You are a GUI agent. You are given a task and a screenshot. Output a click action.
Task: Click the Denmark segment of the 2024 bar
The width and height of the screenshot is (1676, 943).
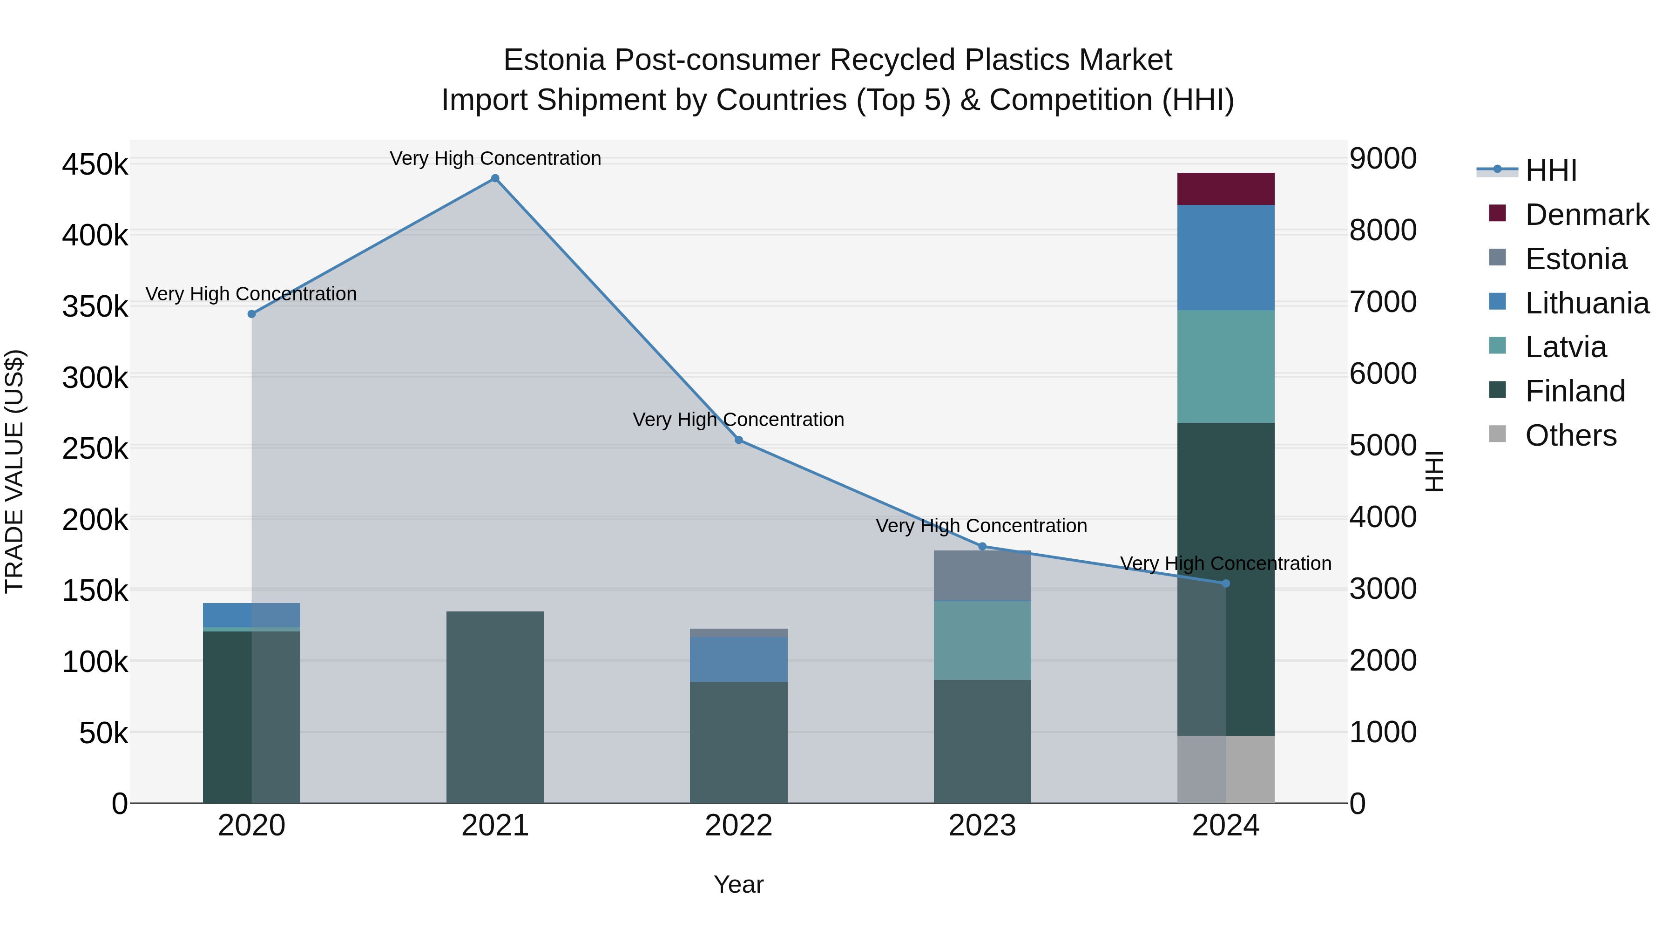point(1226,189)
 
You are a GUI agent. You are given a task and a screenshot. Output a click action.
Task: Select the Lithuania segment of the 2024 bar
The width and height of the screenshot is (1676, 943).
point(1226,257)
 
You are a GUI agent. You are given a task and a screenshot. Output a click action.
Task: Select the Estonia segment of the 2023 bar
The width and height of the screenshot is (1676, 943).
point(982,575)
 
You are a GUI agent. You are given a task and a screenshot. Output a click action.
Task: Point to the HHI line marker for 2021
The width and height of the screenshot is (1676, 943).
point(495,178)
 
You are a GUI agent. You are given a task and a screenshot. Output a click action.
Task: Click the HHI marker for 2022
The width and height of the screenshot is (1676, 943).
point(738,440)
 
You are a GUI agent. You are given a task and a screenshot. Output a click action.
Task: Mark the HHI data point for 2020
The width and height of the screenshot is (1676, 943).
point(252,314)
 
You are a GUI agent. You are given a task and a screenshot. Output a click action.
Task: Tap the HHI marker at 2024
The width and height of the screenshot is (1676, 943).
point(1226,583)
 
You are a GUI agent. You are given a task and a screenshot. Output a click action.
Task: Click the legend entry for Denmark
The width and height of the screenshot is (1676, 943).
point(1586,215)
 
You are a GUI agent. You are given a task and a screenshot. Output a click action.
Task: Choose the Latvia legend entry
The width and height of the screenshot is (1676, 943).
point(1565,347)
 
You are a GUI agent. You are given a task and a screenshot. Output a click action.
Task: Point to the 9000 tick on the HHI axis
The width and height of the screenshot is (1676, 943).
point(1383,158)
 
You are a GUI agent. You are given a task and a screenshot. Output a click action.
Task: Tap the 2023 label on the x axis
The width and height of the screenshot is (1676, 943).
point(982,826)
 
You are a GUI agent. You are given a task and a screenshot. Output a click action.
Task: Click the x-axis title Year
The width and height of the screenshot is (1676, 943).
point(738,884)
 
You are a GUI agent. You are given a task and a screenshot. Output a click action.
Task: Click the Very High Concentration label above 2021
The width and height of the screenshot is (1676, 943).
point(495,158)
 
